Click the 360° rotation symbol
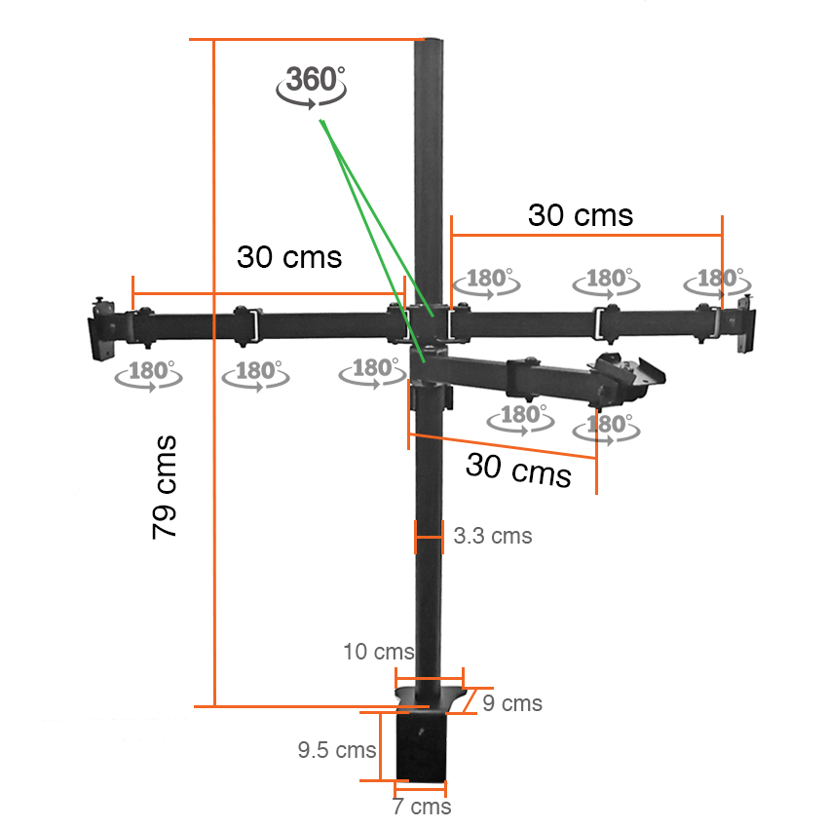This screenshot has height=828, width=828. [312, 86]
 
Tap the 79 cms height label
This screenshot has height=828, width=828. [165, 487]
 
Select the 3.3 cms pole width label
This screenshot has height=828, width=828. [493, 536]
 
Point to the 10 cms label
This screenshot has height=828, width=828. [379, 652]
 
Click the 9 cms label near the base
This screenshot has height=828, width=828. [512, 703]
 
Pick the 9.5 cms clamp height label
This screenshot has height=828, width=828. [337, 750]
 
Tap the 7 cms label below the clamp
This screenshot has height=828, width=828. [422, 807]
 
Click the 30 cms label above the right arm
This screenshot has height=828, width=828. [581, 215]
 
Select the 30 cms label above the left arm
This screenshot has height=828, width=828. [289, 257]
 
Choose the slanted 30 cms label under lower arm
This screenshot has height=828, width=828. [518, 470]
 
